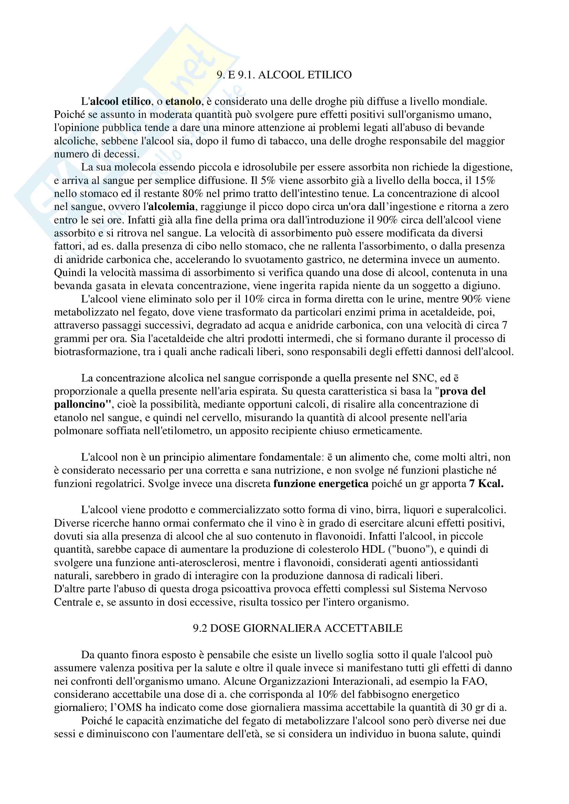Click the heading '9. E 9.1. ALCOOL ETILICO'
284,75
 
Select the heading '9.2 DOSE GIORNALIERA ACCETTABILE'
298,628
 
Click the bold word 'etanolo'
183,101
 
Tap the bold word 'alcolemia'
172,207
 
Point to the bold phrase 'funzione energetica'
321,484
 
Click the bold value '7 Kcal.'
486,484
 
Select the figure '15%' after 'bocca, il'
485,181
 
